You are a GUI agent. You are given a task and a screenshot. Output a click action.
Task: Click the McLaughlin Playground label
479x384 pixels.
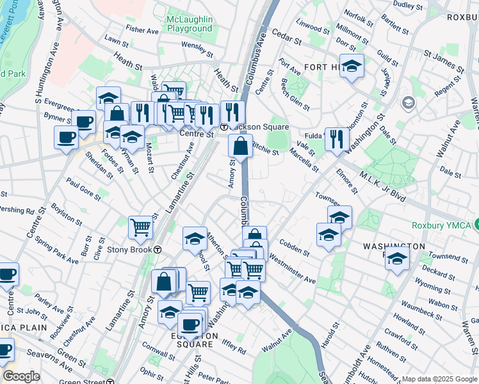pyautogui.click(x=189, y=24)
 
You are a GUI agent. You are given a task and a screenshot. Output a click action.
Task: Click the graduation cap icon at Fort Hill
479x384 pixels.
pyautogui.click(x=352, y=66)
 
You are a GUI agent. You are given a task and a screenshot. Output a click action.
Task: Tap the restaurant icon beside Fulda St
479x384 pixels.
pyautogui.click(x=337, y=139)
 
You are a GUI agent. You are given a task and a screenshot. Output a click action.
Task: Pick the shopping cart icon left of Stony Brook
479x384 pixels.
pyautogui.click(x=140, y=227)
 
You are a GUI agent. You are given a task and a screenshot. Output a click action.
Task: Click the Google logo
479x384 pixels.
pyautogui.click(x=21, y=376)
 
